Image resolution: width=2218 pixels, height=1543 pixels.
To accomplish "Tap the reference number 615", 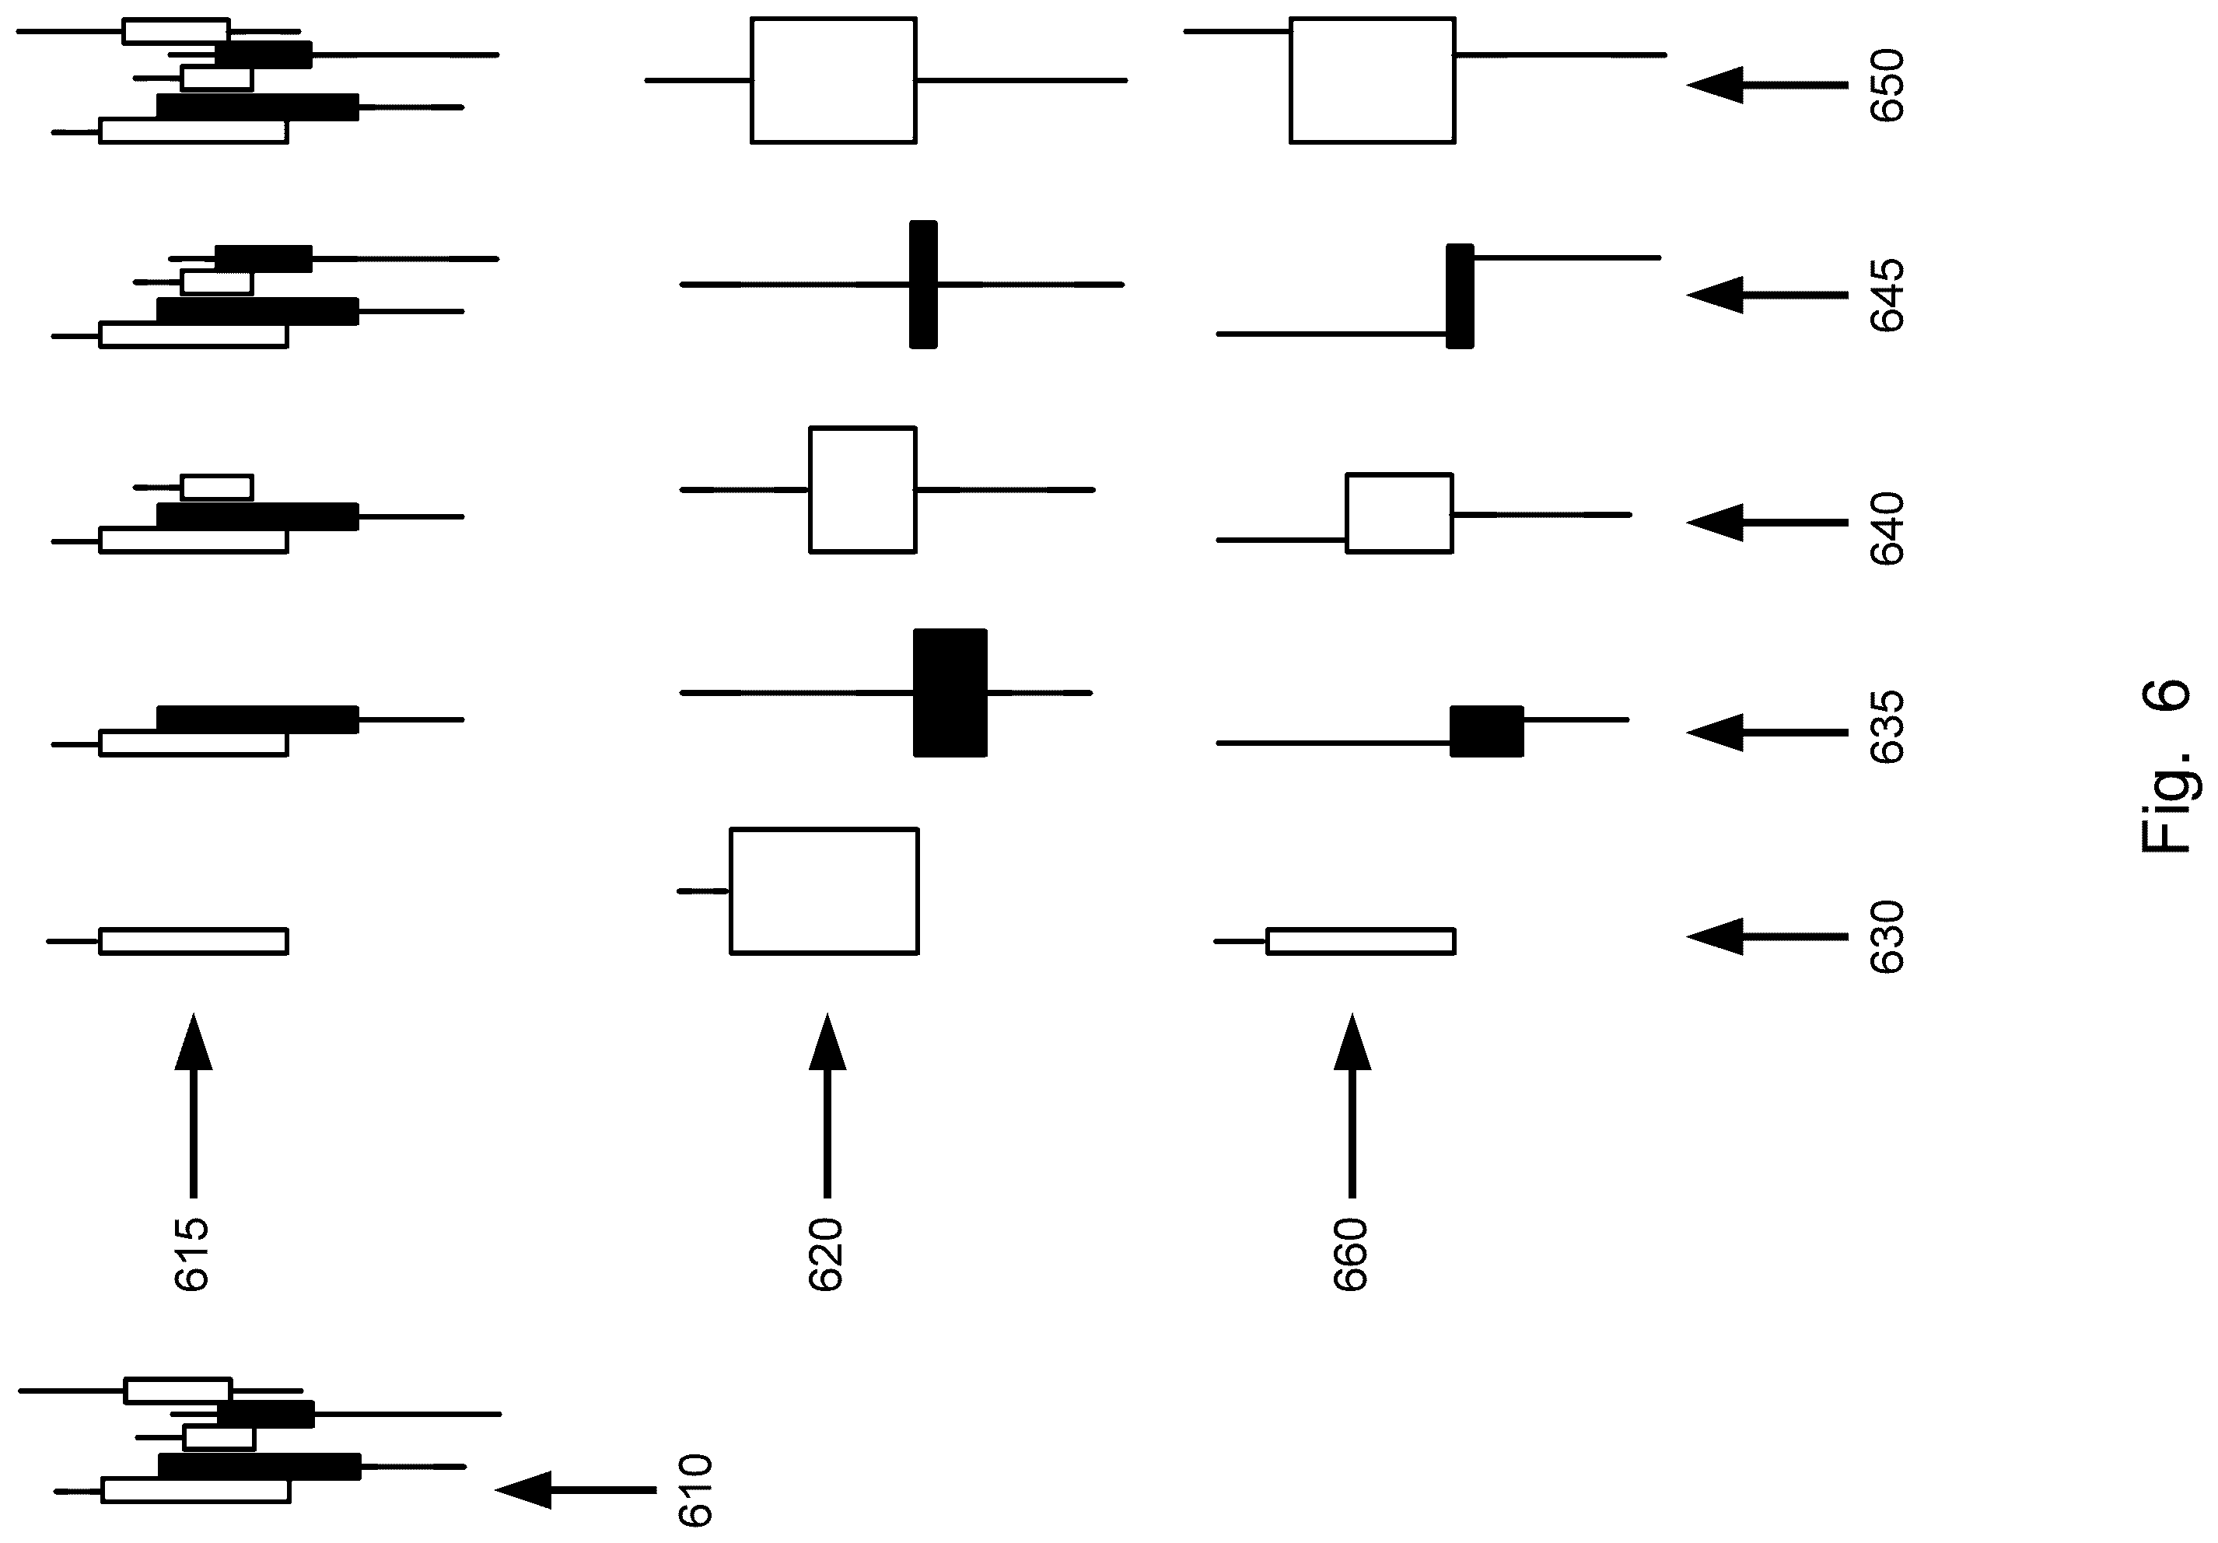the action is point(191,1254).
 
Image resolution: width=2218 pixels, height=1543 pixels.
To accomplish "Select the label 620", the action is point(826,1254).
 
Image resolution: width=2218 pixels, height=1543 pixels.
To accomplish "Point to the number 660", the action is point(1351,1254).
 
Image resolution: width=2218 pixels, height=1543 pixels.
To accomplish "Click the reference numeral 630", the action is point(1887,937).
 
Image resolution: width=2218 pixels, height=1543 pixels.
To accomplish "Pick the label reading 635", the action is point(1887,726).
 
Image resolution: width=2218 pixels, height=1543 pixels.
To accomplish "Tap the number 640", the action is point(1887,529).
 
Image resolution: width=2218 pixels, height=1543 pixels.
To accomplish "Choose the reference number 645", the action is point(1887,295).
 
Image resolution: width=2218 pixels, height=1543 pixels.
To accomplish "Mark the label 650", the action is point(1887,85).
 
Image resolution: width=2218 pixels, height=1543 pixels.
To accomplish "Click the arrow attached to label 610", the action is point(575,1490).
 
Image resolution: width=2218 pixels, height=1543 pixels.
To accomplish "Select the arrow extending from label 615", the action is point(193,1105).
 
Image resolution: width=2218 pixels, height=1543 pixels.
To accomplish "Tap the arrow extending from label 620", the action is point(827,1105).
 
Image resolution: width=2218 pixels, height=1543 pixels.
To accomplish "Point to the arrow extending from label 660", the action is point(1352,1105).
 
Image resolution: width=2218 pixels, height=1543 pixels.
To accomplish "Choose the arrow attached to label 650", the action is point(1767,85).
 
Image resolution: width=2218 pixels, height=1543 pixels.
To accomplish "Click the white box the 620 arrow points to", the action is point(824,890).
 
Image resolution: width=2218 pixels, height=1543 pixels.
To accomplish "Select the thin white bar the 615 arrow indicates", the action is point(193,941).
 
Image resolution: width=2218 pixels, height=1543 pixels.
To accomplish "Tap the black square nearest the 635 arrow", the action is point(1487,731).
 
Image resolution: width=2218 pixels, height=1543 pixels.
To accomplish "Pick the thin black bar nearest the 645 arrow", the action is point(1460,296).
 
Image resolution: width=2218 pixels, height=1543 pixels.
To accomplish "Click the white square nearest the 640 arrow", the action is point(1399,513).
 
